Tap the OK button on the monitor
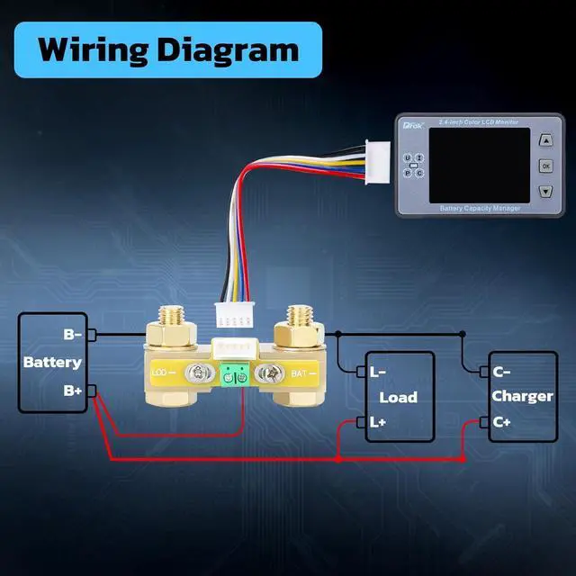[545, 166]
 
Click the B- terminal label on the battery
[72, 335]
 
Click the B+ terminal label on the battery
[72, 391]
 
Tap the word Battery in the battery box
[52, 363]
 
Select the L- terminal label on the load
[379, 370]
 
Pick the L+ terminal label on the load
[379, 421]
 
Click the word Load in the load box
[399, 397]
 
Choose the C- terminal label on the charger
[502, 370]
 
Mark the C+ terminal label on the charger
[502, 421]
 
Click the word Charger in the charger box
[523, 396]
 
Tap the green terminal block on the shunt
[237, 377]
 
